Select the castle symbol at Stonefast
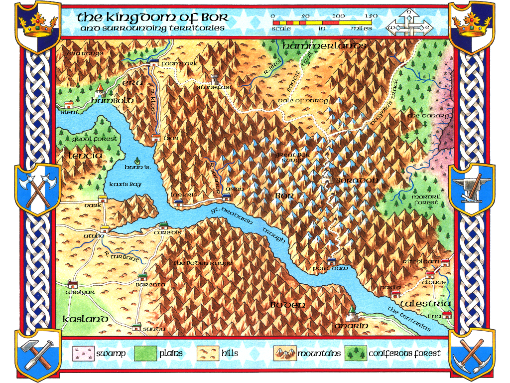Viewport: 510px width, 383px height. point(215,79)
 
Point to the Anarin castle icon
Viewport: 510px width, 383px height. point(352,314)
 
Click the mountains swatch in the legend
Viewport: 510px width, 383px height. point(285,354)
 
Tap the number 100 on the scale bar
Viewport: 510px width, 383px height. point(339,16)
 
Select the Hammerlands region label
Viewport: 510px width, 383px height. point(324,46)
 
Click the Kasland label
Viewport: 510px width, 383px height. point(85,319)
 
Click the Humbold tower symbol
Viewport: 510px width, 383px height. point(100,90)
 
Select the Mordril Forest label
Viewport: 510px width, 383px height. point(425,199)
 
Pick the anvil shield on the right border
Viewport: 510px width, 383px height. point(471,189)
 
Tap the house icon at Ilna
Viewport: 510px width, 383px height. point(446,314)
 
